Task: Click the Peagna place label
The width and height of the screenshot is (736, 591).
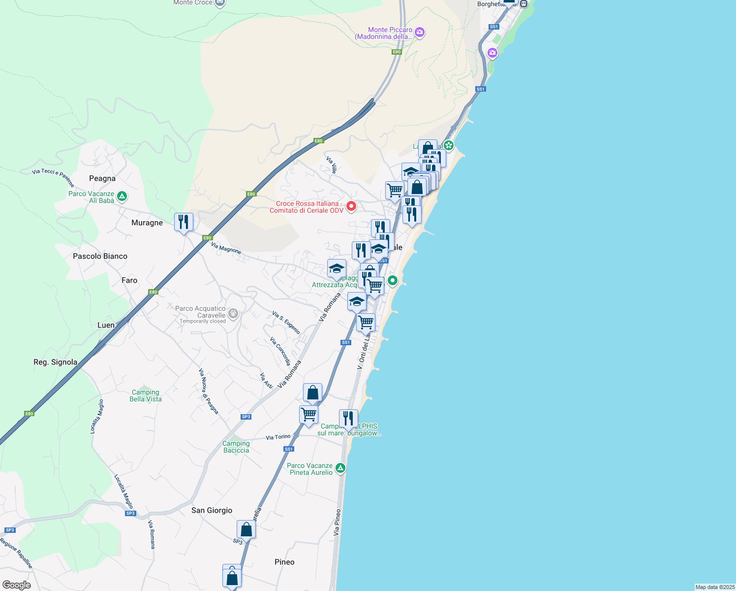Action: point(102,179)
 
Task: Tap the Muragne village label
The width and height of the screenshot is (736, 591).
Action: point(147,223)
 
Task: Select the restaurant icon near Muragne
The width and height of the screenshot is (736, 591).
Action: point(184,222)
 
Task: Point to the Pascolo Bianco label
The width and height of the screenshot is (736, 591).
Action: point(100,257)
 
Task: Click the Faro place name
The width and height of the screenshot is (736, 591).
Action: point(129,281)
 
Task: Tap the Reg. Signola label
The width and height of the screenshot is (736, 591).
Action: point(55,362)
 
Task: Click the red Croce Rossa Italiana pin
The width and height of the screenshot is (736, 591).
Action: point(351,206)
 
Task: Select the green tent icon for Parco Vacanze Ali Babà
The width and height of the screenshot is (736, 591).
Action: point(122,197)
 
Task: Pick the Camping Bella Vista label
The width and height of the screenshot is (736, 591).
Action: point(146,396)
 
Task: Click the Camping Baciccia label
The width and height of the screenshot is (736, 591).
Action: point(236,447)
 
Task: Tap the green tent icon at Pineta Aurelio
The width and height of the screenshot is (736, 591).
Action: point(340,468)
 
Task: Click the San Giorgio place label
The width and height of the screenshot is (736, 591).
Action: point(212,511)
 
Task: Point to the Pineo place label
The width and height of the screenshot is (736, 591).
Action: point(284,562)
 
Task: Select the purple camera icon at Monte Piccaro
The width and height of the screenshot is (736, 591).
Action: point(420,33)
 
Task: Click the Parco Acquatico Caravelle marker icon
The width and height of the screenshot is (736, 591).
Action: point(233,313)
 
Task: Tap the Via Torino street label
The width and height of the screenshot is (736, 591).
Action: point(278,437)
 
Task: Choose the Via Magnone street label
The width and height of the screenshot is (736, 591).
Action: point(226,248)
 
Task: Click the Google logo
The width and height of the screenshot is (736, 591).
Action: point(17,585)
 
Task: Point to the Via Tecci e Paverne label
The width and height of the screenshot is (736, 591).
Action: point(53,177)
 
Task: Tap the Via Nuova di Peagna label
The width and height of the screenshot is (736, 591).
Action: point(209,391)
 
